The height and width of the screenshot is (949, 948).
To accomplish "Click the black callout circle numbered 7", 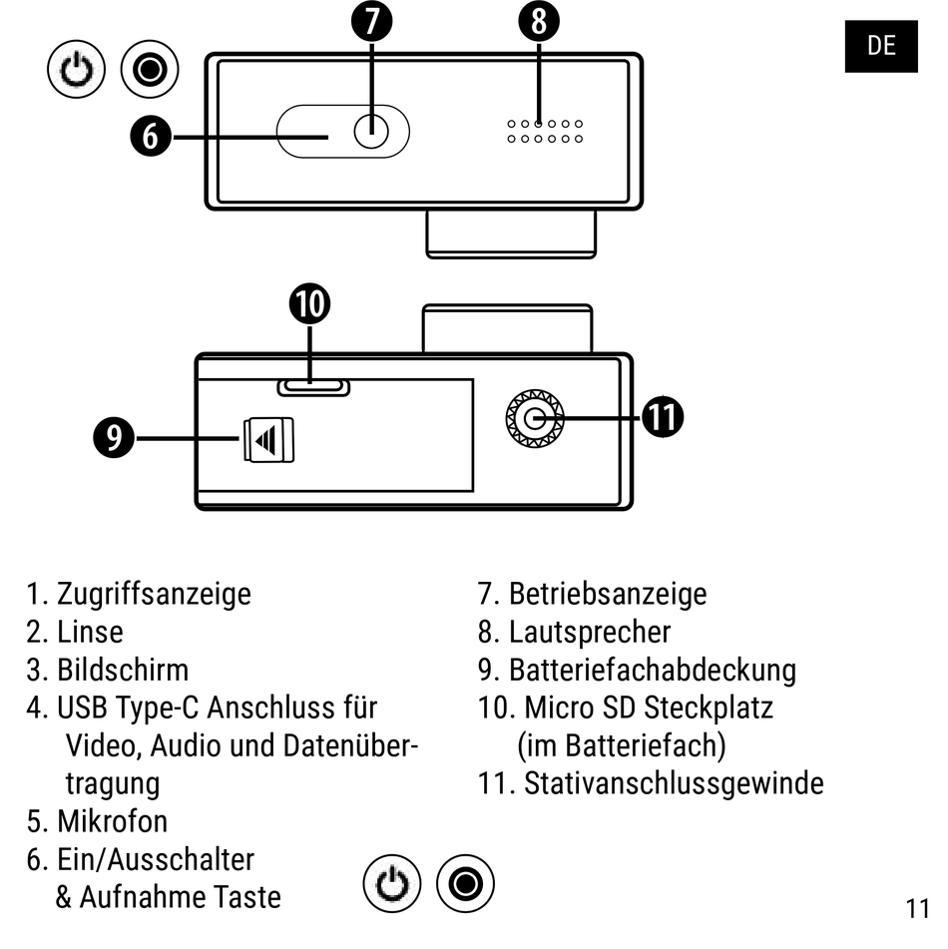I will tap(371, 21).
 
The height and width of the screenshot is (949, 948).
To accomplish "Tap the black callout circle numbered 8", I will tap(539, 21).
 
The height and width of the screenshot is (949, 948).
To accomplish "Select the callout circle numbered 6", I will tap(150, 135).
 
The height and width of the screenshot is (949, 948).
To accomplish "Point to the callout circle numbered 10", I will tap(310, 305).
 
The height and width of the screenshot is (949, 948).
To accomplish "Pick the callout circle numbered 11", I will tap(663, 417).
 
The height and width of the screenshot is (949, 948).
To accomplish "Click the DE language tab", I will tap(881, 46).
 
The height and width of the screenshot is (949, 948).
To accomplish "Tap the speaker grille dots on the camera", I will tap(544, 131).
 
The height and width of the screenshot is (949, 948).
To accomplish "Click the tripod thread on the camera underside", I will tap(535, 418).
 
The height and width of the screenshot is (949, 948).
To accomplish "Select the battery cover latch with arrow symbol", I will tap(269, 439).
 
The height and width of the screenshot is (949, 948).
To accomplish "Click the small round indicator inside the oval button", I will tap(371, 132).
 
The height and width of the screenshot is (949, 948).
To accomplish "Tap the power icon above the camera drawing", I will tap(77, 72).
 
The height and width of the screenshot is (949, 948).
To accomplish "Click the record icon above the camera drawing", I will tap(150, 72).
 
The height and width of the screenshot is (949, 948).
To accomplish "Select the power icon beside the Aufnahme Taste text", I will tap(394, 882).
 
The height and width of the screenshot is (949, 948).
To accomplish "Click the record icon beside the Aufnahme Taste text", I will tap(467, 882).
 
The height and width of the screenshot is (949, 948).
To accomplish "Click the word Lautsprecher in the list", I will tap(590, 632).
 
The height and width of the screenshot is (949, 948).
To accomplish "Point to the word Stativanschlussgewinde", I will tap(674, 783).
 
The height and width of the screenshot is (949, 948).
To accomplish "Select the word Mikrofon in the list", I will tap(112, 821).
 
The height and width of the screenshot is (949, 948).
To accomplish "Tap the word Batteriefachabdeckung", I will tap(653, 670).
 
